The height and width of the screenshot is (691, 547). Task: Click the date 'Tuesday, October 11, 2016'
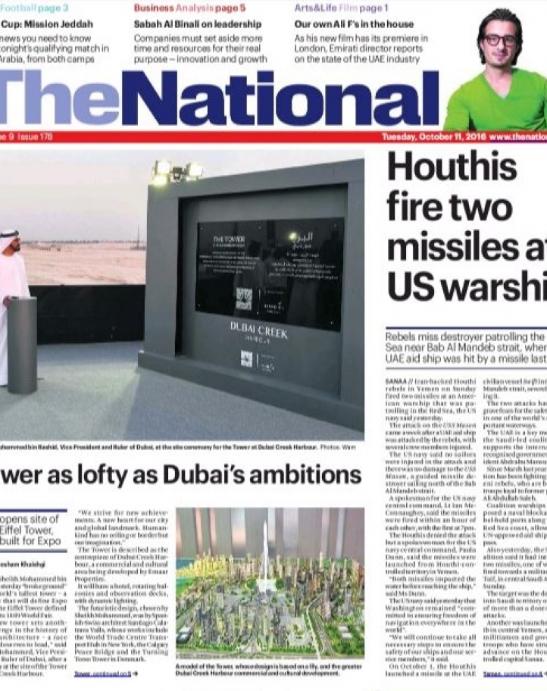[x=433, y=137]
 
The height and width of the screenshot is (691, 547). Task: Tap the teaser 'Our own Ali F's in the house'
[x=354, y=23]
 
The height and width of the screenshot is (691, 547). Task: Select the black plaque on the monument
[x=269, y=274]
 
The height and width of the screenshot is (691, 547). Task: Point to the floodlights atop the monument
[x=177, y=170]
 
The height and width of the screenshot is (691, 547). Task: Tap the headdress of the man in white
[x=9, y=236]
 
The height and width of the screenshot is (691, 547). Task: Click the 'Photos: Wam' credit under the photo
[x=343, y=449]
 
